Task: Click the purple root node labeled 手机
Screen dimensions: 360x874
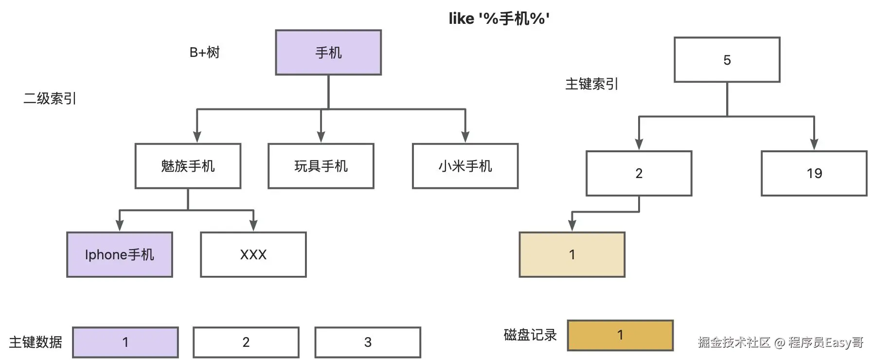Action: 328,53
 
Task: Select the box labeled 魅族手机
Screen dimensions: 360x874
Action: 188,166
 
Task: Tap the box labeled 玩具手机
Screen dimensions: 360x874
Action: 321,166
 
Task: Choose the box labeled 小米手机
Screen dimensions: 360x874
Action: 465,166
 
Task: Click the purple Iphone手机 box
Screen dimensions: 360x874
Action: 120,254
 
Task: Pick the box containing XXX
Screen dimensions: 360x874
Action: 253,254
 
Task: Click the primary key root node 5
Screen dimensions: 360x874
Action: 727,60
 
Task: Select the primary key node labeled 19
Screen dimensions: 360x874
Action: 814,173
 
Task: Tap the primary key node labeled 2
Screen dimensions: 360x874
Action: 639,173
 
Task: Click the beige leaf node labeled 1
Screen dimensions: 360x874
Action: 572,254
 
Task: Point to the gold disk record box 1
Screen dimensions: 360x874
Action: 620,335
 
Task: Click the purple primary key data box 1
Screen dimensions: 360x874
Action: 125,342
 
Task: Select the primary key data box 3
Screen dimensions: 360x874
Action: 368,342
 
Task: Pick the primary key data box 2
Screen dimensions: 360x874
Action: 246,342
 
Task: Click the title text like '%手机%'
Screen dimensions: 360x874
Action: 499,18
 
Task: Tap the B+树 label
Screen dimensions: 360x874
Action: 204,53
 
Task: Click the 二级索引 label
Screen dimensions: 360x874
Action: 50,99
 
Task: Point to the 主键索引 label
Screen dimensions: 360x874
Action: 591,84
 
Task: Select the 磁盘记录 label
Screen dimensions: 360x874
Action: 530,335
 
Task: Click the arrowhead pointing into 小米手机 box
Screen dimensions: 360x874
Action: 465,137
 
